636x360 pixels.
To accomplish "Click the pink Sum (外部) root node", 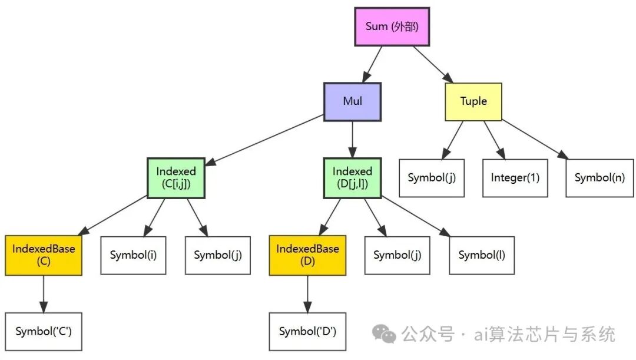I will point(392,27).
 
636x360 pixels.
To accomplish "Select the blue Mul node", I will point(352,101).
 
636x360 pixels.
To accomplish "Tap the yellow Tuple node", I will point(473,101).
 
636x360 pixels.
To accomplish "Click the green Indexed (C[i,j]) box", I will point(175,177).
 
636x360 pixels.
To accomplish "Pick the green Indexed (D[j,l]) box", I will point(352,177).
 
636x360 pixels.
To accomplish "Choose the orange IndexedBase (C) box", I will point(44,255).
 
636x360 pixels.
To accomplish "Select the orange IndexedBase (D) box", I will point(307,255).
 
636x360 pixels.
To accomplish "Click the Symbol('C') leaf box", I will point(44,332).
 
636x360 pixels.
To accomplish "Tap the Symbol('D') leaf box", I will point(307,332).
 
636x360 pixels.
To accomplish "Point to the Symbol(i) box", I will point(133,255).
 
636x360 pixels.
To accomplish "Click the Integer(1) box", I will point(515,177).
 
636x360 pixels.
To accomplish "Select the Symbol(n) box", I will point(599,177).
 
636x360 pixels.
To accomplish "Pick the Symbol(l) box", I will point(482,255).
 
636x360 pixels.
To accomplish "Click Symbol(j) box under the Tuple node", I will point(431,177).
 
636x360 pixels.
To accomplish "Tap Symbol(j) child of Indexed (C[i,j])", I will point(217,255).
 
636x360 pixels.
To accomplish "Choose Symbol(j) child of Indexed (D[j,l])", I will point(397,255).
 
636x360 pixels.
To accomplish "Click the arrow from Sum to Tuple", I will point(433,64).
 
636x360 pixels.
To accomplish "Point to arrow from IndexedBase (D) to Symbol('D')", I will point(307,293).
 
